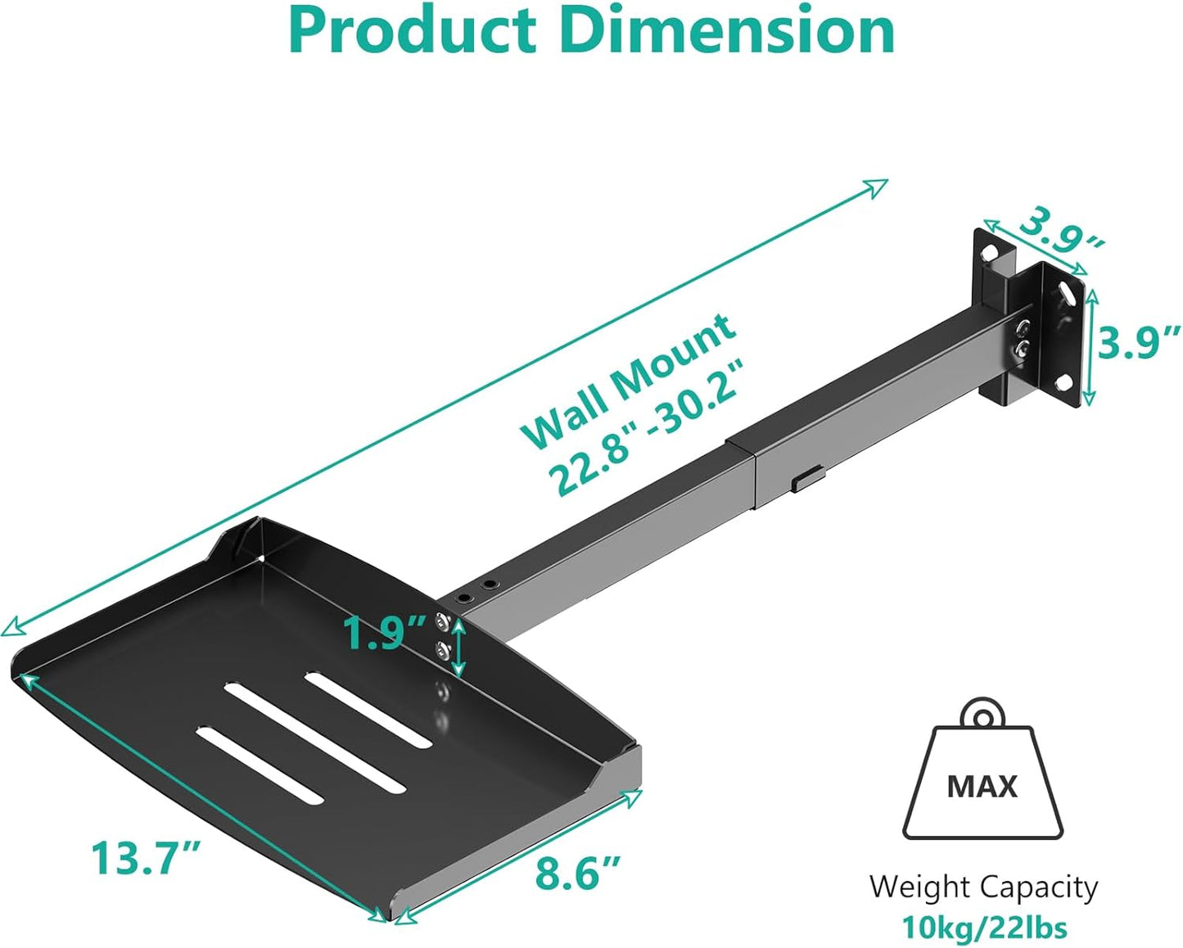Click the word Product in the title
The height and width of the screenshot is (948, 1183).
pos(412,31)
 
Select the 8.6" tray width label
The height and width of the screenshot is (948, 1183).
pos(578,873)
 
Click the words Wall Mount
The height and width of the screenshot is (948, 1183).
pos(629,380)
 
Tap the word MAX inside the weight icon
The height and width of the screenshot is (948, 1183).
pos(982,787)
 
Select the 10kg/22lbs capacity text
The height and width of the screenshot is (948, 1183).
pos(983,928)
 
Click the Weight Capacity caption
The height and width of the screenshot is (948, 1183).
pos(983,887)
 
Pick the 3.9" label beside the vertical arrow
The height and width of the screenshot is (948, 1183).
pos(1139,342)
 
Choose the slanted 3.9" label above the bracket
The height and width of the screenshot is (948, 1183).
pos(1061,232)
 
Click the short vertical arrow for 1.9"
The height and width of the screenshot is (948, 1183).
pos(458,648)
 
